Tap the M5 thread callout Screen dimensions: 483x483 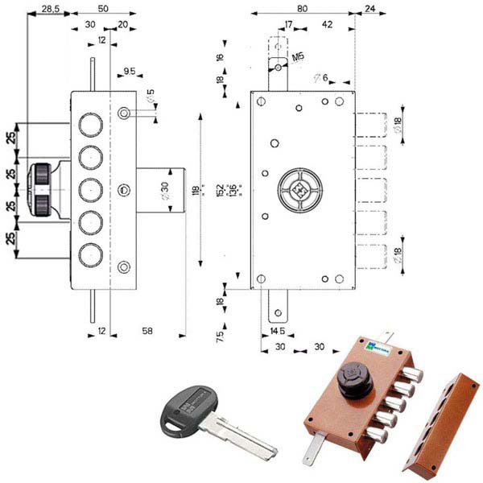tap(299, 57)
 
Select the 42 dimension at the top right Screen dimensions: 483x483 tap(328, 25)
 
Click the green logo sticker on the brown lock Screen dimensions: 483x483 tap(376, 346)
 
